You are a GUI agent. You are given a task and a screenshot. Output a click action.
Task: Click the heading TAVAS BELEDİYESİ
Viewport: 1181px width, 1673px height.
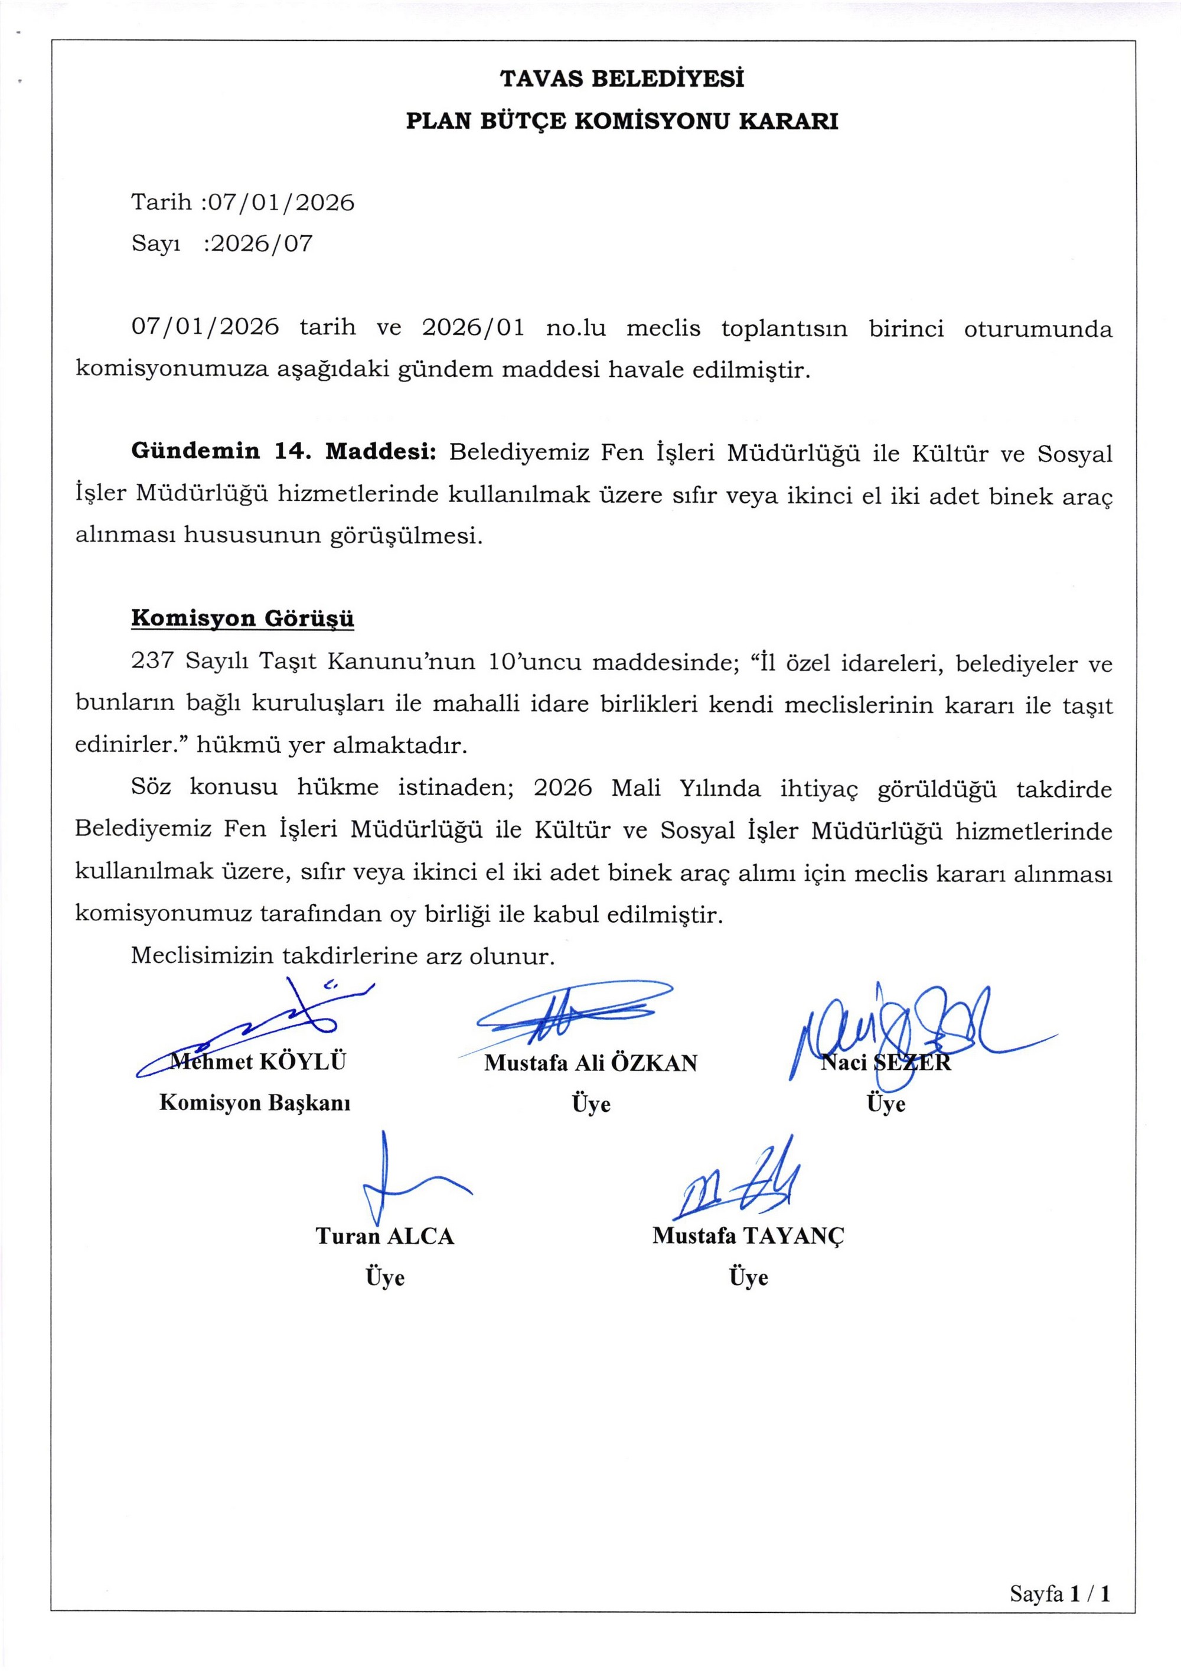tap(621, 79)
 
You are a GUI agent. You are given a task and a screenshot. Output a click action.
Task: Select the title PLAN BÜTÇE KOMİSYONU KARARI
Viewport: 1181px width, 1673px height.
tap(621, 121)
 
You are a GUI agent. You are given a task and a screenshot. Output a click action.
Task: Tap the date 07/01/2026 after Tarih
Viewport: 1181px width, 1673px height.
tap(281, 202)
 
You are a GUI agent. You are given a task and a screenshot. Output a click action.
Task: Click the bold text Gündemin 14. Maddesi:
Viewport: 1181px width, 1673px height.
tap(283, 452)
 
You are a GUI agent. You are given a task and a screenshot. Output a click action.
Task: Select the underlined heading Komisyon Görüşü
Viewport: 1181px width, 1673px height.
tap(243, 619)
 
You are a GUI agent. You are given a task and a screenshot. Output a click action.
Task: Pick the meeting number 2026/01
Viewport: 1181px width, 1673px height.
tap(474, 328)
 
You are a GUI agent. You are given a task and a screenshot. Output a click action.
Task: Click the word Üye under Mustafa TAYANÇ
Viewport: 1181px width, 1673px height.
tap(748, 1277)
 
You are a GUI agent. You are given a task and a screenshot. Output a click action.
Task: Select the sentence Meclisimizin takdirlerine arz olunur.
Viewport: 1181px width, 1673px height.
tap(342, 956)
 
